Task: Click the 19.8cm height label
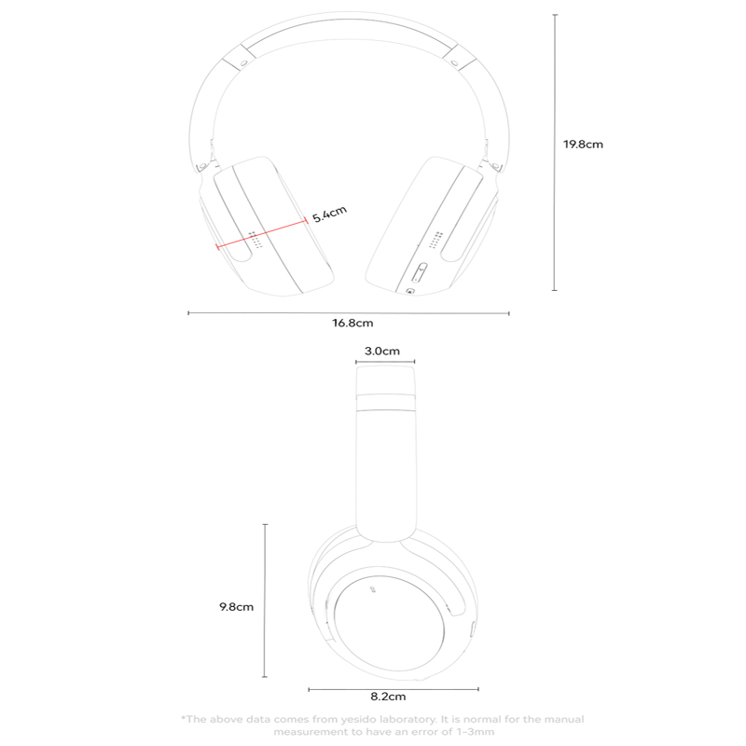(583, 145)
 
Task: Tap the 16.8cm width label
(352, 323)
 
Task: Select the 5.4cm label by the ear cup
(329, 214)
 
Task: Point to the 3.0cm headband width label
(382, 352)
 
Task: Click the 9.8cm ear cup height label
(236, 607)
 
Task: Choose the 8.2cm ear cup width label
(388, 697)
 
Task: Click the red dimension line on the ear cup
(262, 233)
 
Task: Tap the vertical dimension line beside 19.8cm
(555, 152)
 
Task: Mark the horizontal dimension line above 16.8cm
(349, 313)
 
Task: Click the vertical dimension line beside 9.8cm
(265, 601)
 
